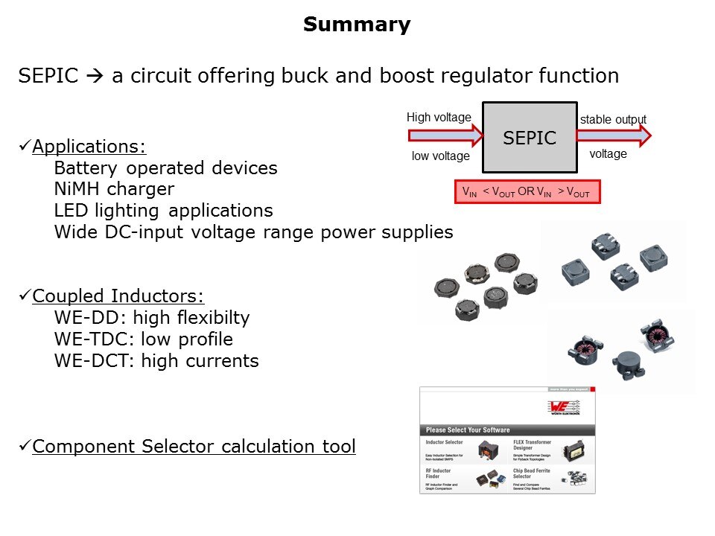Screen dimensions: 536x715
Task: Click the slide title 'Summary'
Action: [357, 25]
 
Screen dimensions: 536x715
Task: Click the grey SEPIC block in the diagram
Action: [530, 137]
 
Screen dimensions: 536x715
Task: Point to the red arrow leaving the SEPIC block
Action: [614, 135]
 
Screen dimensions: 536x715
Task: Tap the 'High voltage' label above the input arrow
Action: [439, 118]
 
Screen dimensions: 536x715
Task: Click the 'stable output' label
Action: [613, 119]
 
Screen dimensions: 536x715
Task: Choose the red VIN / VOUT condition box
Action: [527, 191]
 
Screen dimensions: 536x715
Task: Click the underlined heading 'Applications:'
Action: [89, 146]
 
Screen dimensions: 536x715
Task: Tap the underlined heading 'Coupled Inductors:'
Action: [118, 296]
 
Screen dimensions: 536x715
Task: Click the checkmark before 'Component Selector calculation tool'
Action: [25, 446]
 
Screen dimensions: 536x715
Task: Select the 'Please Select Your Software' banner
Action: [468, 430]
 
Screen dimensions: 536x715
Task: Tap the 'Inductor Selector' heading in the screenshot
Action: [444, 441]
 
